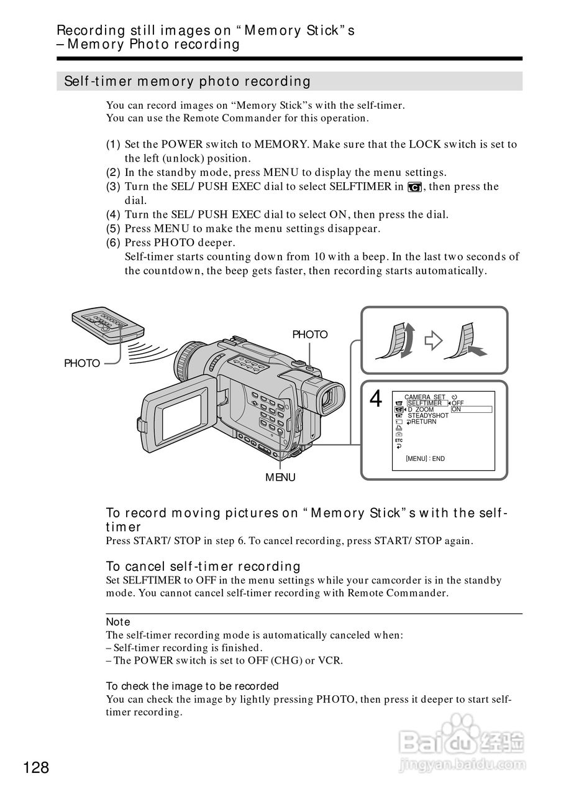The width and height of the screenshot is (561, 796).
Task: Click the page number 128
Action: (x=37, y=767)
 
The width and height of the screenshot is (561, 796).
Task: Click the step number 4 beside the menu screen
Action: (x=375, y=399)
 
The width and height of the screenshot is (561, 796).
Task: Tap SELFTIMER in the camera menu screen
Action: (x=426, y=403)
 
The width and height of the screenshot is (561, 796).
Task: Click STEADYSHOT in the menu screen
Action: (x=428, y=415)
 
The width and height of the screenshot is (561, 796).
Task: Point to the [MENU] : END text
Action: (x=425, y=458)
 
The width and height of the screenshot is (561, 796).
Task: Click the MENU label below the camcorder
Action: (x=280, y=477)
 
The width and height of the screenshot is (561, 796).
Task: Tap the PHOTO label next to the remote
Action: (x=82, y=363)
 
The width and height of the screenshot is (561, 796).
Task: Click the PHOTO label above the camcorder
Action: (x=309, y=335)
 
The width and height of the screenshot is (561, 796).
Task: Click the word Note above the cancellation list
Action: (x=118, y=622)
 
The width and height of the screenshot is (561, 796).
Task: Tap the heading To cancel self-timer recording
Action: (x=203, y=567)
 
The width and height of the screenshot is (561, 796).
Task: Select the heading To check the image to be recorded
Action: (x=192, y=686)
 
